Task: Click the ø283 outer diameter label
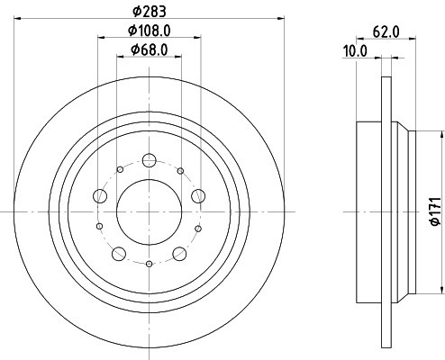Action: coord(149,13)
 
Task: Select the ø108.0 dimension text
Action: coord(149,31)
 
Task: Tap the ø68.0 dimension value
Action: coord(149,49)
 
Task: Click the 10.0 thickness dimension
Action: coord(357,51)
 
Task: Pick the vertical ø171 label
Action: coord(433,212)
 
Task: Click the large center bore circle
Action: coord(149,212)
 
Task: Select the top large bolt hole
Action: coord(149,160)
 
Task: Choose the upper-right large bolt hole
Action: coord(198,196)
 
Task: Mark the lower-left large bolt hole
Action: coord(118,254)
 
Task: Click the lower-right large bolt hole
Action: coord(179,254)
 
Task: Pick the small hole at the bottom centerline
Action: coord(149,265)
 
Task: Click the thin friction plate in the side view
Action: coord(387,212)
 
